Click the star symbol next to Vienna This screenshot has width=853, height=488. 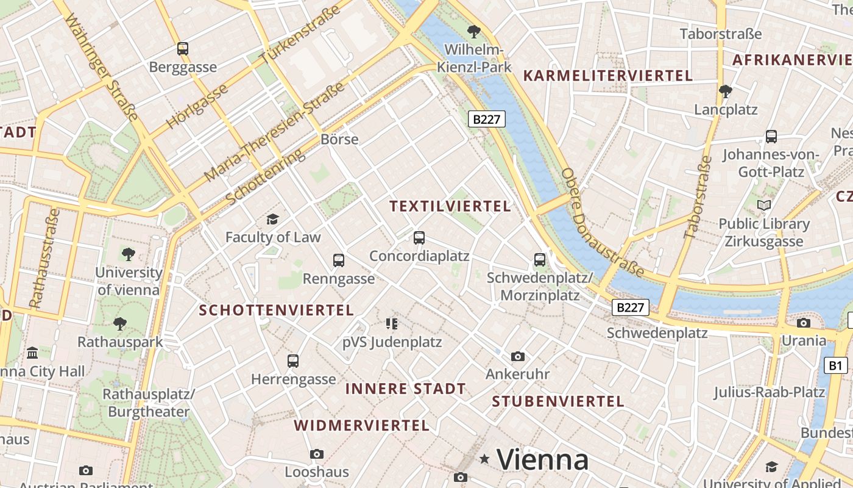click(x=484, y=459)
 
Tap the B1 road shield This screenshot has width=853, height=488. click(x=835, y=365)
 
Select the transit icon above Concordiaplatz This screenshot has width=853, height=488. click(x=419, y=238)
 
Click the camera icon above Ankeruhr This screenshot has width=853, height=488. click(x=517, y=356)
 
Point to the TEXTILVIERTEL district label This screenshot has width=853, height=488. click(x=450, y=207)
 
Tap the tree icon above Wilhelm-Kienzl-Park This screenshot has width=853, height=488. click(x=473, y=32)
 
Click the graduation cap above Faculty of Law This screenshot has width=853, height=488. click(x=272, y=219)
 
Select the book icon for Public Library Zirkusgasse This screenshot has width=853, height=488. click(x=763, y=206)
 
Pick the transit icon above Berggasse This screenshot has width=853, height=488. click(x=182, y=49)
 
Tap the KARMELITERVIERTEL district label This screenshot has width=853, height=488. click(x=608, y=76)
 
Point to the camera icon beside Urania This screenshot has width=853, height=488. click(x=804, y=323)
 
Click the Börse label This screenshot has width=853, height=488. click(x=339, y=139)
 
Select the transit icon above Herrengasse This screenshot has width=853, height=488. click(x=293, y=361)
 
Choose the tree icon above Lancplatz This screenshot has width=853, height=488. click(x=725, y=92)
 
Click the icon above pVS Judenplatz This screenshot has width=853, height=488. click(x=391, y=323)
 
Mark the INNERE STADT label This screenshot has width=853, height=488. click(x=405, y=389)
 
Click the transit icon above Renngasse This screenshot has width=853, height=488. click(x=339, y=260)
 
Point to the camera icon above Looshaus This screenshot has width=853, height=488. click(x=316, y=454)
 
